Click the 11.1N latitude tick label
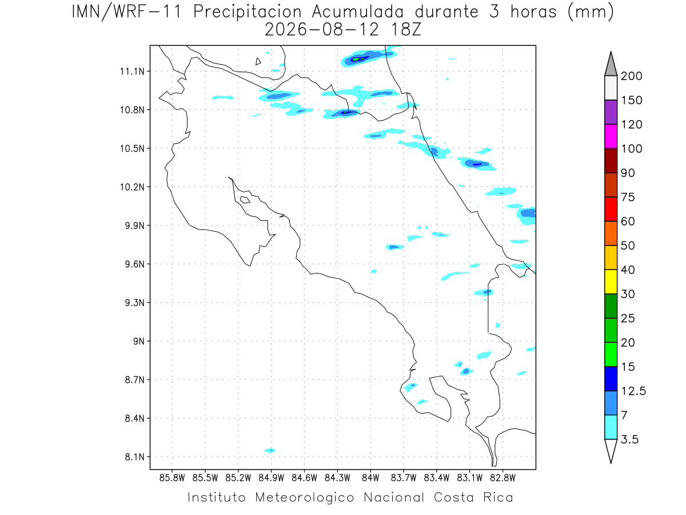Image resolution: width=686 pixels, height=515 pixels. (x=132, y=72)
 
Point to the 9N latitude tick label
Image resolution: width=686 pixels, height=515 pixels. (x=139, y=341)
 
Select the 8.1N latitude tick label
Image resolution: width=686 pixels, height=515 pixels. (x=135, y=457)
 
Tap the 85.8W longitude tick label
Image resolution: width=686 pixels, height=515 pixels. (x=172, y=478)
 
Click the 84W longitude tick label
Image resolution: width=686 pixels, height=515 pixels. (x=370, y=478)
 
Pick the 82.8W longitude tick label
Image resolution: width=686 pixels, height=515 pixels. (x=502, y=478)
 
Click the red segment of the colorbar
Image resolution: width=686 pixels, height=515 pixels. (x=611, y=209)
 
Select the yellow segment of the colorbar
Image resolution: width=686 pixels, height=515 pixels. (x=611, y=282)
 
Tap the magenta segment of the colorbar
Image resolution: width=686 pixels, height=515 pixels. (x=611, y=136)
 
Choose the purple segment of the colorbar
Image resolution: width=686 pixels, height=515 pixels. (x=611, y=112)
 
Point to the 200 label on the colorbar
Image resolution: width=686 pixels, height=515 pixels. (x=631, y=76)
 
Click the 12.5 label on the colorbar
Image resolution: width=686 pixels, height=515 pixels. (x=633, y=391)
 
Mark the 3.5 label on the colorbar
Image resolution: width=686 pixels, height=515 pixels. (x=629, y=439)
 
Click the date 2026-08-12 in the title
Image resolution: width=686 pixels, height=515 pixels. (x=322, y=30)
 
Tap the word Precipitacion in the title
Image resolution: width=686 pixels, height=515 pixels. (x=248, y=12)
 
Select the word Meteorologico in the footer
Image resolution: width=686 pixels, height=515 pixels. (x=304, y=498)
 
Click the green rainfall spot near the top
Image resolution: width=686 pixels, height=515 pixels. (x=356, y=59)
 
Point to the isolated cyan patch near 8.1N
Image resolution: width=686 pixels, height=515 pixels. (x=270, y=450)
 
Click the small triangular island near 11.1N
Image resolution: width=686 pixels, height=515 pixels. (x=257, y=62)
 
